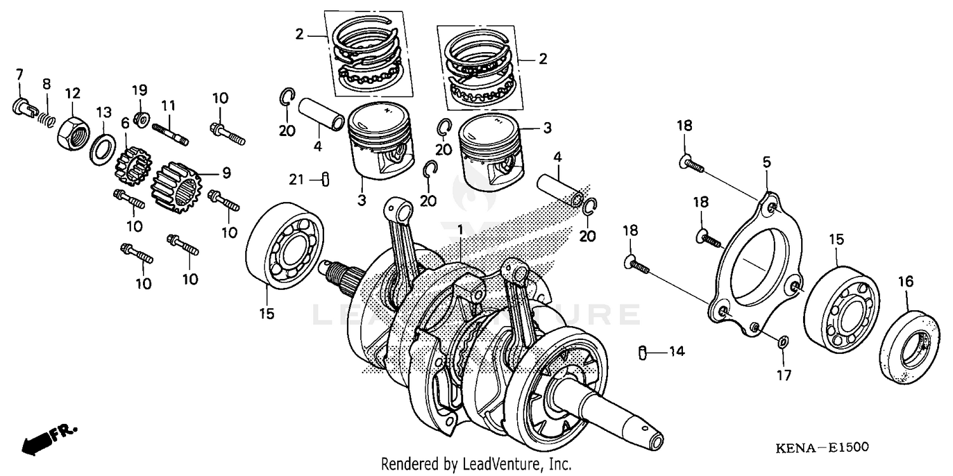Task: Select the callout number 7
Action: [x=19, y=75]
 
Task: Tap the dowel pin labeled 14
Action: [x=642, y=351]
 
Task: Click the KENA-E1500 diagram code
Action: [x=821, y=448]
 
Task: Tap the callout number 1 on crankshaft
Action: [x=460, y=228]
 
